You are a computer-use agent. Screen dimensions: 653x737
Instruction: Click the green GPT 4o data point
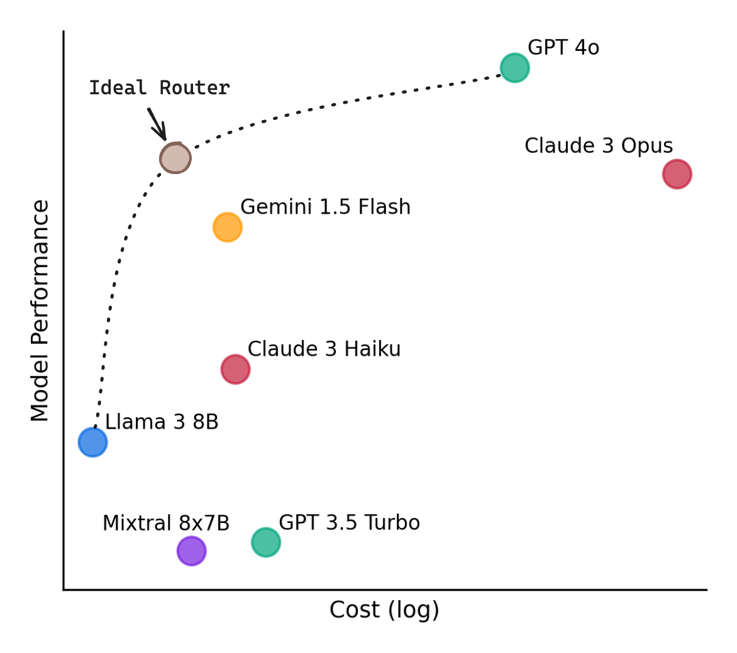pyautogui.click(x=514, y=68)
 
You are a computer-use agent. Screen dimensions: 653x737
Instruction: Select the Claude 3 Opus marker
pyautogui.click(x=677, y=174)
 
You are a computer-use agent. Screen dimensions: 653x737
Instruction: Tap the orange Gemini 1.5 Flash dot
pyautogui.click(x=227, y=227)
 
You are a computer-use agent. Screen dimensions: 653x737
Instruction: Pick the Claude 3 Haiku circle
pyautogui.click(x=235, y=369)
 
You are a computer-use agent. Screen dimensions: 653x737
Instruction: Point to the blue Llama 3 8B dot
pyautogui.click(x=93, y=442)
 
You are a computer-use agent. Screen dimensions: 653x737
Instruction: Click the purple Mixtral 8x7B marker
pyautogui.click(x=191, y=551)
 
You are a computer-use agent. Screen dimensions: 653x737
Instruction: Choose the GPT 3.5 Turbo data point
pyautogui.click(x=265, y=542)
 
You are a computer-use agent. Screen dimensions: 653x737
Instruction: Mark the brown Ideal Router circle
pyautogui.click(x=175, y=158)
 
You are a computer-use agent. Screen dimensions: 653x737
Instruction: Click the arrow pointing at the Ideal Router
pyautogui.click(x=157, y=124)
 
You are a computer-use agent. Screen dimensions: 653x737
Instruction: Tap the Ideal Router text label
pyautogui.click(x=159, y=88)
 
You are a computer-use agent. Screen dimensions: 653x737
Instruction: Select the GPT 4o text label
pyautogui.click(x=563, y=48)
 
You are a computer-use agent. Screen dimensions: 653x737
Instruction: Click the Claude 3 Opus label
pyautogui.click(x=599, y=146)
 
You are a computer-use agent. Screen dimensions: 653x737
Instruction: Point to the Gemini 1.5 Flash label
pyautogui.click(x=325, y=207)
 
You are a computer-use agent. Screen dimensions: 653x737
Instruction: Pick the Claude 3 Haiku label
pyautogui.click(x=324, y=349)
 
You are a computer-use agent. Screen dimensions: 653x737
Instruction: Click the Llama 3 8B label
pyautogui.click(x=162, y=422)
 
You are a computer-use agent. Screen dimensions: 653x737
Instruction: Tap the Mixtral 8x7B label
pyautogui.click(x=166, y=524)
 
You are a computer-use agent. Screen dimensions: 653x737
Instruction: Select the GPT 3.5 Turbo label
pyautogui.click(x=349, y=523)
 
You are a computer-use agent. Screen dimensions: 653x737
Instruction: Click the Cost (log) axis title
pyautogui.click(x=384, y=610)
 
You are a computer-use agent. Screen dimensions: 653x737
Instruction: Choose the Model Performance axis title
pyautogui.click(x=40, y=310)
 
